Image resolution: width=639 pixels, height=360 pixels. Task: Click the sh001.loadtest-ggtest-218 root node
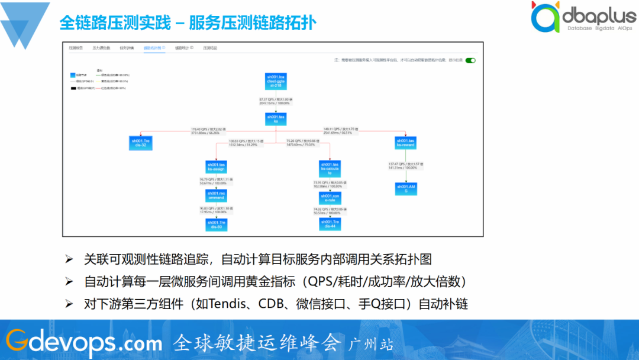[276, 81]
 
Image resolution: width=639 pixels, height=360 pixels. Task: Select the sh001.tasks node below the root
[276, 119]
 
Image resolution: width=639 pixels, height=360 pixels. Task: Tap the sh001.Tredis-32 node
[141, 143]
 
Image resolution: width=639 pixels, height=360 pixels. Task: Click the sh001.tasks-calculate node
[330, 168]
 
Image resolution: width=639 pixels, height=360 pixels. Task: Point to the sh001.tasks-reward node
[406, 143]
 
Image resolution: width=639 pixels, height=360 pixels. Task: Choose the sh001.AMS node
[406, 189]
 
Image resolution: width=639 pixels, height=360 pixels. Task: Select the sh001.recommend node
[217, 195]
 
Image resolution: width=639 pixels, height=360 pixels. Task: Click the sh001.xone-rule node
[330, 198]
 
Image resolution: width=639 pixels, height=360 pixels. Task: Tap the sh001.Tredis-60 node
[217, 224]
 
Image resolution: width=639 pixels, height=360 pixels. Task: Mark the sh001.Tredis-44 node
[330, 224]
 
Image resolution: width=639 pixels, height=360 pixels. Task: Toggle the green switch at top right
[470, 60]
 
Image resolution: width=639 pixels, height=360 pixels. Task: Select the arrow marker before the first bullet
[69, 259]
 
